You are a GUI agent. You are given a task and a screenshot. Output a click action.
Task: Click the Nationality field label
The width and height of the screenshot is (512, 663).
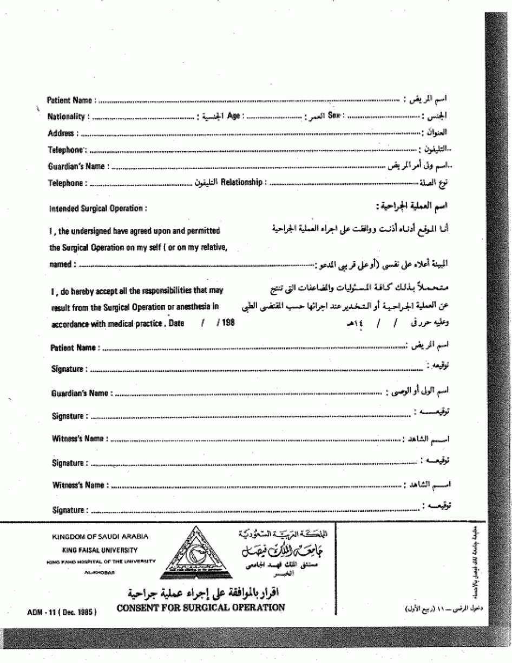(x=66, y=117)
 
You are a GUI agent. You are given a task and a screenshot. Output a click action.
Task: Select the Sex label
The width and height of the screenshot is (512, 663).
(x=333, y=116)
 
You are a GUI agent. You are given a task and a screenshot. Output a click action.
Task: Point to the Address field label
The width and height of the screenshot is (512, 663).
(x=61, y=133)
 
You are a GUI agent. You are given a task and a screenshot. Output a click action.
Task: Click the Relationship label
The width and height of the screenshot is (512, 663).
(x=241, y=183)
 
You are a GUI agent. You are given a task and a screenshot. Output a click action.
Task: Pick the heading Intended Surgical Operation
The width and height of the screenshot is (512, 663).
(x=98, y=209)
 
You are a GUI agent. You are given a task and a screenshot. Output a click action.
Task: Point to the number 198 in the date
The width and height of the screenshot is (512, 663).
(x=228, y=323)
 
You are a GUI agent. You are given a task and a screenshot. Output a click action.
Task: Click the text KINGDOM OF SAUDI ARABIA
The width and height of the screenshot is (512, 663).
(x=100, y=537)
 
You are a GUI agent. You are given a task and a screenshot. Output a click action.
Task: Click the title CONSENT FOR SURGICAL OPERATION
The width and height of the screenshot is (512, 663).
(x=201, y=608)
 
